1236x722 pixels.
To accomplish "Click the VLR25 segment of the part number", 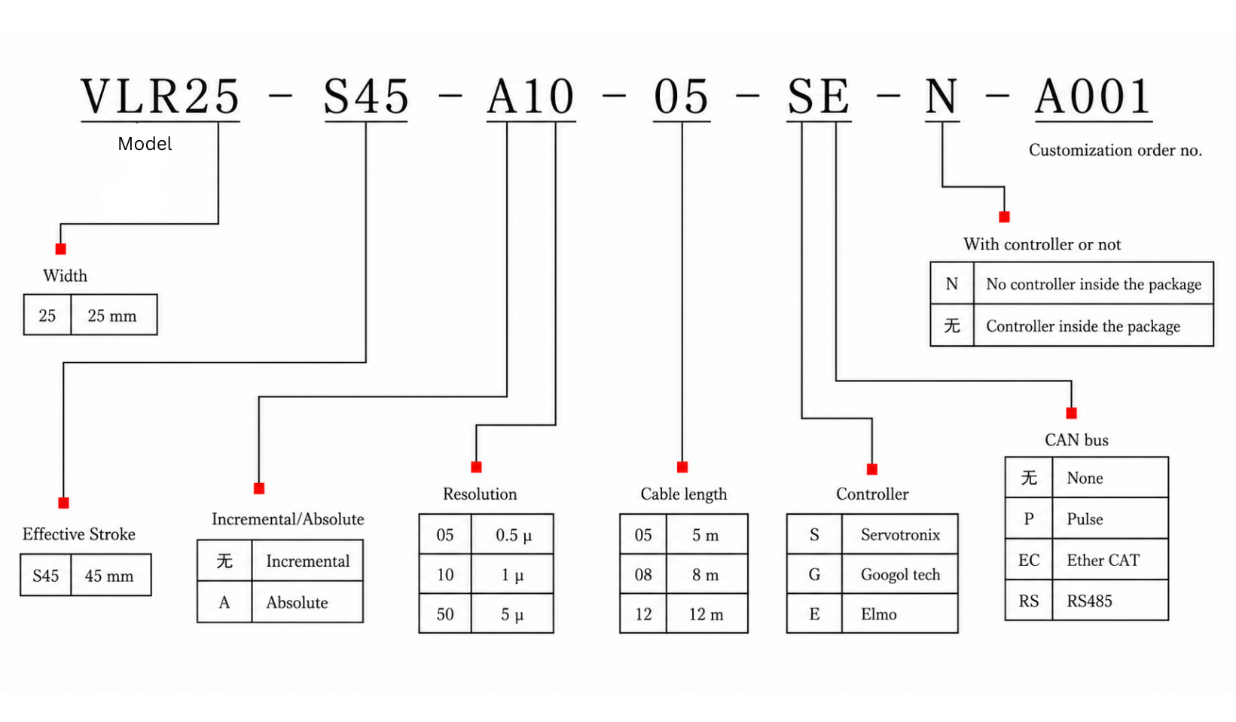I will [x=160, y=96].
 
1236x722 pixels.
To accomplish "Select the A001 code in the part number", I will [x=1093, y=96].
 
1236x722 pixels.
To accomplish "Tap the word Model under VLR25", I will [x=145, y=144].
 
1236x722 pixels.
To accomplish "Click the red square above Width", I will [x=61, y=249].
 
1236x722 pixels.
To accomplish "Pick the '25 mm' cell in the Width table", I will [x=113, y=316].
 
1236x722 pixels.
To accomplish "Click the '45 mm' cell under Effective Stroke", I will [x=110, y=576].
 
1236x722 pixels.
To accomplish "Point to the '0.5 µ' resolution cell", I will [x=513, y=535].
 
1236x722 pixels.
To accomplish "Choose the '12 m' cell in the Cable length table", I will [x=706, y=614].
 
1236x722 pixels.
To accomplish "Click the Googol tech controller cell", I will [x=900, y=574].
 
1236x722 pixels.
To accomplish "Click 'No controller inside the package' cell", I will [x=1093, y=284].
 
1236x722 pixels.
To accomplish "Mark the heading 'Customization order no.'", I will [x=1115, y=150].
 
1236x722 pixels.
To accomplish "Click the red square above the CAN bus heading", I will [x=1071, y=413].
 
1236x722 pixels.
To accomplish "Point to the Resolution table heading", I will [x=480, y=494].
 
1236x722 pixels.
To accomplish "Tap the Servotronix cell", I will [x=900, y=535].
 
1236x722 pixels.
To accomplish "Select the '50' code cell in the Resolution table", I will [x=445, y=614].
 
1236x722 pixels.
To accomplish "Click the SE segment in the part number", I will [x=818, y=96].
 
